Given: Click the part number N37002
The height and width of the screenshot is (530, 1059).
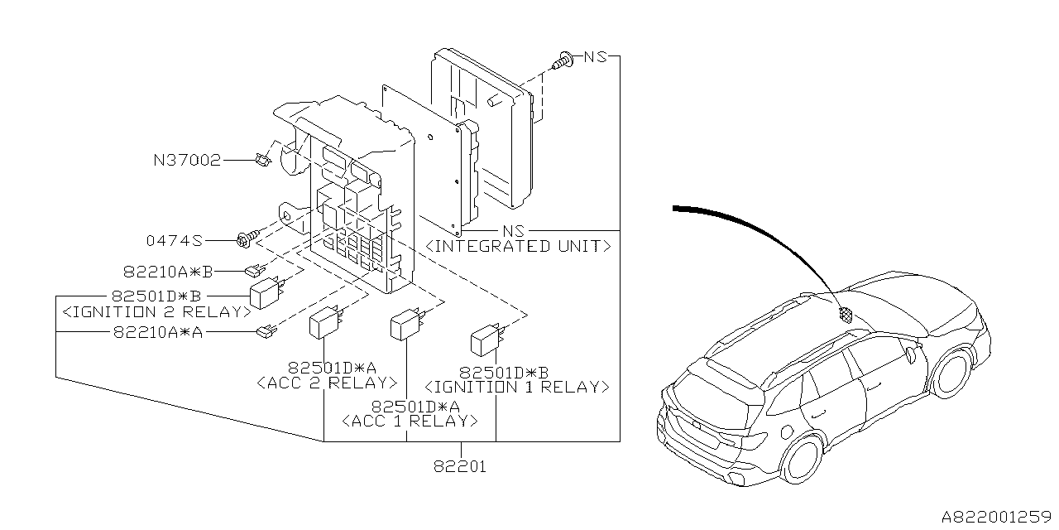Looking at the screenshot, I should pos(186,161).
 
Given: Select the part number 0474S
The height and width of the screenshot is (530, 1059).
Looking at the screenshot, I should pos(175,241).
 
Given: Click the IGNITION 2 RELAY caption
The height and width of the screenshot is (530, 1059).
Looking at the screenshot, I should pos(156,312).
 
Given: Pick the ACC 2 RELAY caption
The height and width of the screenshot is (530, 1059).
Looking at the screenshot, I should pos(327,383).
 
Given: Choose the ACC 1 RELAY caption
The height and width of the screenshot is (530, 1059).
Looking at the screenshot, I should pos(410,421).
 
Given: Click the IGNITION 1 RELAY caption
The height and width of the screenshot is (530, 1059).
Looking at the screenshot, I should pos(517,387).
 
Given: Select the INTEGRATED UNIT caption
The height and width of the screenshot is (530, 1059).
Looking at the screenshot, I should pos(518,247).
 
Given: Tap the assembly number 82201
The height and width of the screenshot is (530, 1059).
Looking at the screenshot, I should pos(459,467).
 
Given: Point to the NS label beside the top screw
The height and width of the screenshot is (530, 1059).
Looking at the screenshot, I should pos(595,57).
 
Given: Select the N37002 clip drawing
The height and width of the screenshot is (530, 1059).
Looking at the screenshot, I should pos(264,160).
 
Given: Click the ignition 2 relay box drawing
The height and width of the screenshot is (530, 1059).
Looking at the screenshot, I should pos(266,293).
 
